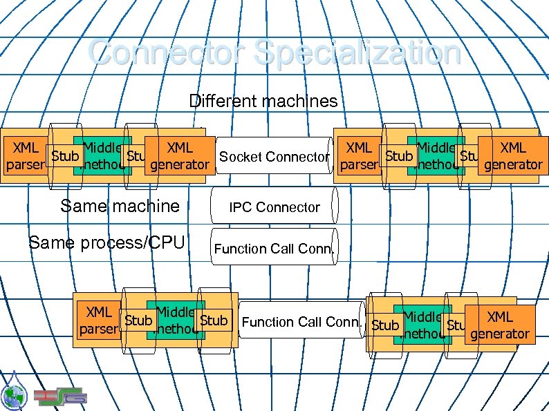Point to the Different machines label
tap(263, 102)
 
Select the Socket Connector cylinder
tap(274, 157)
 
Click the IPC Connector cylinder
tap(274, 207)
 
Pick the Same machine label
tap(120, 205)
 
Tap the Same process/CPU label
tap(106, 242)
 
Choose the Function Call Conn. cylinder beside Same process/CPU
tap(274, 248)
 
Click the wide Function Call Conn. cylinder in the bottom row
tap(302, 321)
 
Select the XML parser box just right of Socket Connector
tap(359, 156)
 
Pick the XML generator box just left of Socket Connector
tap(180, 156)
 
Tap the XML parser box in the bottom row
tap(99, 321)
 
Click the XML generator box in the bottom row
tap(500, 325)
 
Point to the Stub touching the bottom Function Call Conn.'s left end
tap(213, 321)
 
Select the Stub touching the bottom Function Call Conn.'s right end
tap(385, 325)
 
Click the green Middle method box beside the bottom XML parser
tap(175, 321)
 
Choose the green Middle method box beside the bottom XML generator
tap(422, 325)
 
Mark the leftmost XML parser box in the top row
tap(26, 156)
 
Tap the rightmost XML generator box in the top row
tap(513, 156)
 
